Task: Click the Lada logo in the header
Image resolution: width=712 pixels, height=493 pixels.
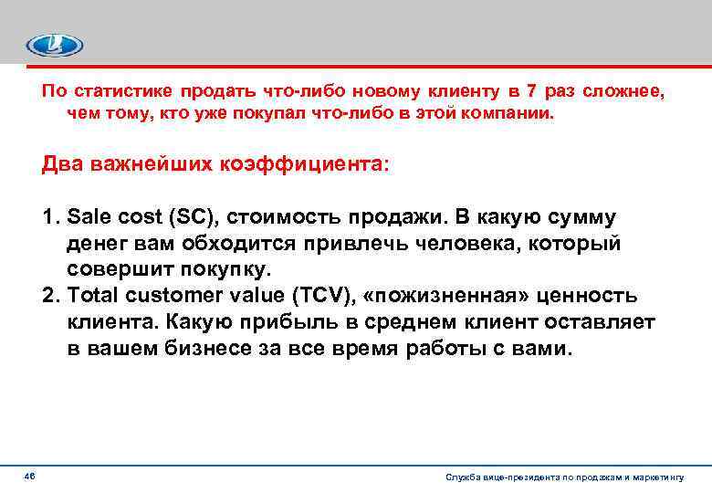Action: pos(54,45)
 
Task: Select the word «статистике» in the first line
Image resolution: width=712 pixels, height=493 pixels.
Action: pos(122,91)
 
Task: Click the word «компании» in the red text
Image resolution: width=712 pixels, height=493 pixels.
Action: pos(511,116)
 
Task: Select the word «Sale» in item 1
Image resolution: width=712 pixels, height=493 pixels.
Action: pos(87,218)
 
